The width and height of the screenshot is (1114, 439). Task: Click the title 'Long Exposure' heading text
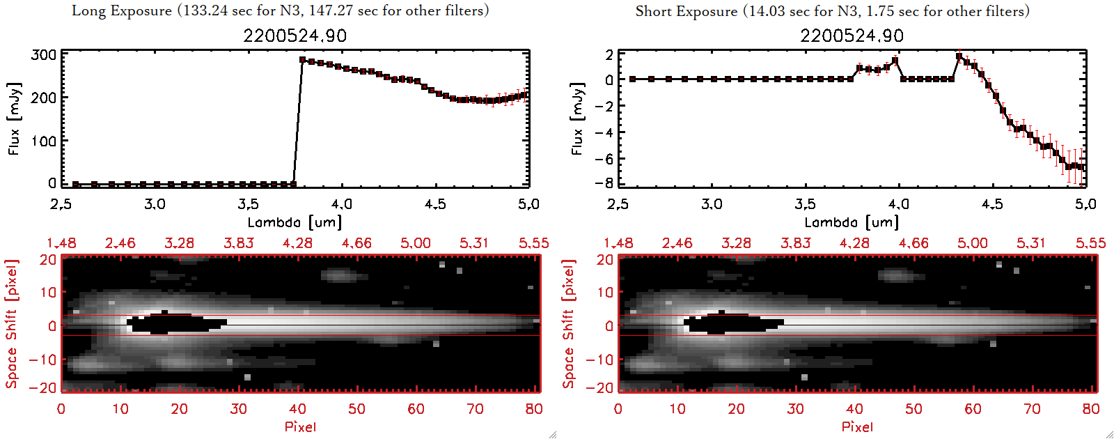pos(122,10)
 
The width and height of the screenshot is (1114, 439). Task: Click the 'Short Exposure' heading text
pos(686,11)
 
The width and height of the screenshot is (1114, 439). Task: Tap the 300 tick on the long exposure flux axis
pos(44,55)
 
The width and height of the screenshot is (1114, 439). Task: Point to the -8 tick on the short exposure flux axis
pos(604,183)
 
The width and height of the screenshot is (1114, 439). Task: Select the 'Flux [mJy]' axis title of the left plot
pos(14,118)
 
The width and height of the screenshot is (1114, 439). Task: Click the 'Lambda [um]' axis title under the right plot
pos(852,222)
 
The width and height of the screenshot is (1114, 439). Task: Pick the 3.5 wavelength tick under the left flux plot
pos(249,204)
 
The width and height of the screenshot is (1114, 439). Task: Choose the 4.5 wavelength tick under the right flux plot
pos(992,204)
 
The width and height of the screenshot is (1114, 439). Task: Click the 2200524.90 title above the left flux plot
pos(295,36)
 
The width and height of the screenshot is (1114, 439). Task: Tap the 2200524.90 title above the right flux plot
pos(852,36)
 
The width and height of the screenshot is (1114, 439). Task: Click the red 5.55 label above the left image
pos(533,243)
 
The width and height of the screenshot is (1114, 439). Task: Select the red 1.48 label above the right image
pos(618,243)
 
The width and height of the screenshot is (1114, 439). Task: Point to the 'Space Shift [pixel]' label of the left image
pos(11,324)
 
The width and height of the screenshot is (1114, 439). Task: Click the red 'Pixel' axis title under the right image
pos(857,426)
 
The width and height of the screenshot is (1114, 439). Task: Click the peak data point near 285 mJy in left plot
pos(302,60)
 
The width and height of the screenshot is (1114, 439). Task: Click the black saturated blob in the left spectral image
pos(174,323)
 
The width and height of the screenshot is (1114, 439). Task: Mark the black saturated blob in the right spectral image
pos(731,323)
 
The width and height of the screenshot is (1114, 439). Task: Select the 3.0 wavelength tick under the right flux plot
pos(712,204)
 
